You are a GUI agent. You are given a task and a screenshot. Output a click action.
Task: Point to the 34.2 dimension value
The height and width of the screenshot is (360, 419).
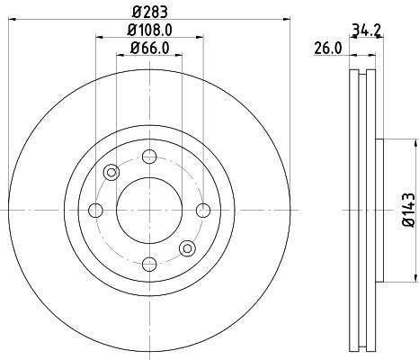pos(363,31)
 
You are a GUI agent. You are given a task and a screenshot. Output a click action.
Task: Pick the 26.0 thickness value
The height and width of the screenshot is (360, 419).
pos(327,49)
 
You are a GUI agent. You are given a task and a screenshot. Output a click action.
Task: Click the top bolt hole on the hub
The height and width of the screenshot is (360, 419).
pos(148,156)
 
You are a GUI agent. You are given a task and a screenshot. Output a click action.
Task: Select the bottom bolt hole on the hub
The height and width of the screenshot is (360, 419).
pos(148,264)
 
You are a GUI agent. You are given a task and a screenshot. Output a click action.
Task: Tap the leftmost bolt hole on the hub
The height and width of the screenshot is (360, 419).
pos(95,210)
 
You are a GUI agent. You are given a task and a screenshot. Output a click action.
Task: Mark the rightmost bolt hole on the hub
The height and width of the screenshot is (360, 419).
pos(202,210)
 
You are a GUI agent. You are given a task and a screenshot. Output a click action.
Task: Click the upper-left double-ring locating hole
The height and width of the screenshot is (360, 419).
pos(111,172)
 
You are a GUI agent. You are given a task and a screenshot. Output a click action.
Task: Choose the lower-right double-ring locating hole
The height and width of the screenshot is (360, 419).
pos(187,247)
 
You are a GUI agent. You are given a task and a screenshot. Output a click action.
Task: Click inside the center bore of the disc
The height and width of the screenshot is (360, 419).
pos(148,210)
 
